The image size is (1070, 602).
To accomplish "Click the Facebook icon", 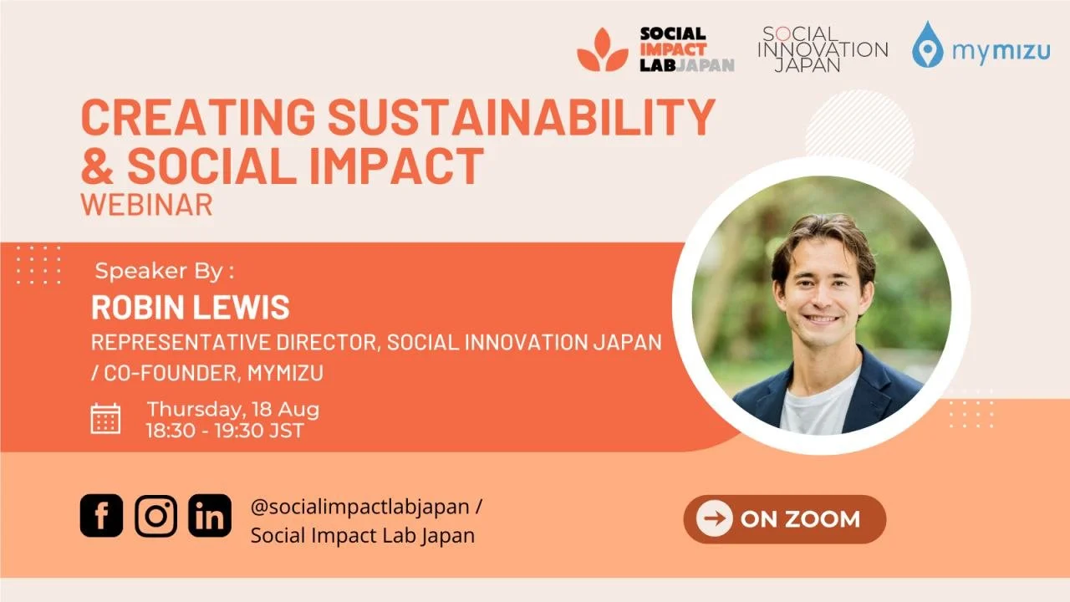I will coord(101,515).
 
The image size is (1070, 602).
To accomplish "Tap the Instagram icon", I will coord(155,515).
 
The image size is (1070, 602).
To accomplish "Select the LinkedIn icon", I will coord(210,515).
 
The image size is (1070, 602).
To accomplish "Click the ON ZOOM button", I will coord(784,519).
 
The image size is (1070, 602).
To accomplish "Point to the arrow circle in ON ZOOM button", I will coord(714,519).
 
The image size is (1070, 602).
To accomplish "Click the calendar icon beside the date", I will coord(105,418).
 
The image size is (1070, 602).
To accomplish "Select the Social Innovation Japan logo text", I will coord(822,49).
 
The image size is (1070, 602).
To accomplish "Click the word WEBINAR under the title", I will coord(146,205).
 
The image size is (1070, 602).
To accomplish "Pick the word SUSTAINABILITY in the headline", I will coord(521,118).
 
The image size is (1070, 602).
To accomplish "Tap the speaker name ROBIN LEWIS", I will coord(190,308).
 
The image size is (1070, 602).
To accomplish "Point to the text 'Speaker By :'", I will coord(165,271).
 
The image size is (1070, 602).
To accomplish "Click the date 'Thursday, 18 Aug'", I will coord(232,410).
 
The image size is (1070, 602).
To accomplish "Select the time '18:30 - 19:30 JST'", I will coord(224,431).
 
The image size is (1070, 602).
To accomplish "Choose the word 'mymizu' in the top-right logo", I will coord(1001,52).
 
